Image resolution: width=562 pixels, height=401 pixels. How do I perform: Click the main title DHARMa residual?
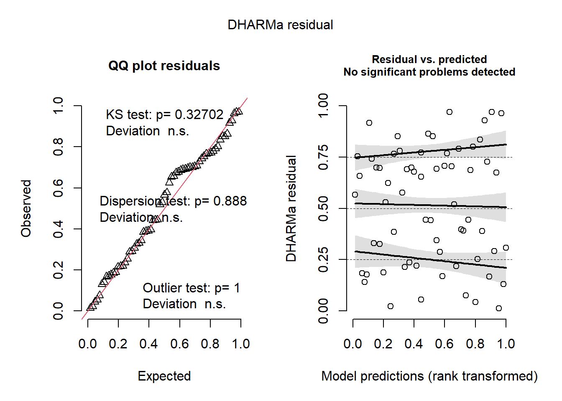pyautogui.click(x=280, y=25)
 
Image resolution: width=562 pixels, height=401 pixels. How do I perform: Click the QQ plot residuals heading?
pyautogui.click(x=164, y=66)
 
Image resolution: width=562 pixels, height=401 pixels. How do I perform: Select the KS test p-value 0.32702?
pyautogui.click(x=199, y=114)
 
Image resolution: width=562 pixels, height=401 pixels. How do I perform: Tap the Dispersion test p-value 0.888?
pyautogui.click(x=230, y=201)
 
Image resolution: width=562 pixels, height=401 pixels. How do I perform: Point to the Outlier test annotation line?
pyautogui.click(x=191, y=288)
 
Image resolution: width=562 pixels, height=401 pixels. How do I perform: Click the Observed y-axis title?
pyautogui.click(x=26, y=208)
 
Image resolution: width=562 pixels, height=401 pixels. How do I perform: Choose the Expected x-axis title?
pyautogui.click(x=164, y=376)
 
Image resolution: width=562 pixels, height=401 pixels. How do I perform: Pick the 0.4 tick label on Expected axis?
pyautogui.click(x=148, y=344)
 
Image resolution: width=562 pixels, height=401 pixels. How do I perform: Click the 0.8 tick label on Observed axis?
pyautogui.click(x=58, y=147)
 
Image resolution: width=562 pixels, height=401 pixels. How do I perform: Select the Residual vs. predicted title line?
pyautogui.click(x=429, y=59)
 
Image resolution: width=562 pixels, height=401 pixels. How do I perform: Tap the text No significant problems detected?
pyautogui.click(x=429, y=72)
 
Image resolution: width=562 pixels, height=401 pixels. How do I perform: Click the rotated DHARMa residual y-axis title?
pyautogui.click(x=291, y=208)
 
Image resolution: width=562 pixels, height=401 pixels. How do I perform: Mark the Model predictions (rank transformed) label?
pyautogui.click(x=429, y=376)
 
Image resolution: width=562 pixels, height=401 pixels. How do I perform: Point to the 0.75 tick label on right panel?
pyautogui.click(x=323, y=157)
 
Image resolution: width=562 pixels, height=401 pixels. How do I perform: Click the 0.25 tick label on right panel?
pyautogui.click(x=323, y=260)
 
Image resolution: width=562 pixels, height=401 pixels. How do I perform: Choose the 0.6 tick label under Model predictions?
pyautogui.click(x=444, y=344)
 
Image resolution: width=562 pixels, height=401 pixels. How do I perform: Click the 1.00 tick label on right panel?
pyautogui.click(x=323, y=106)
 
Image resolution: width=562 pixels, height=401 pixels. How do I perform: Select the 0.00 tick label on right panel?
pyautogui.click(x=323, y=311)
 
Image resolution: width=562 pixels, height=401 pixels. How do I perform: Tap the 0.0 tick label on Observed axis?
pyautogui.click(x=58, y=311)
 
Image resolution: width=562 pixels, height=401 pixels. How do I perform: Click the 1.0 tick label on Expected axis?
pyautogui.click(x=241, y=344)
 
